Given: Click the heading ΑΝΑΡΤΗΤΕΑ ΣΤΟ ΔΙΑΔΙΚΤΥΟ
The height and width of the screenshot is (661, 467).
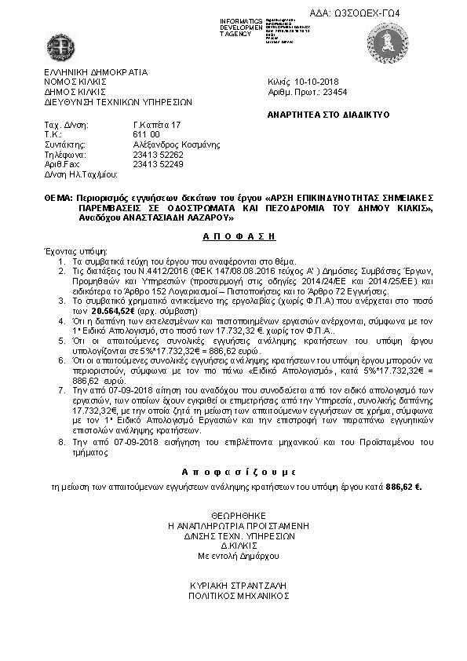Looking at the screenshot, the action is tap(323, 114).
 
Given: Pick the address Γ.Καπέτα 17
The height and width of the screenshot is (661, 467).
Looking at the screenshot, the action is tap(157, 125).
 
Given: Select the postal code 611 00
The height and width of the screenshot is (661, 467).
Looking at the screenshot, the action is tap(146, 135).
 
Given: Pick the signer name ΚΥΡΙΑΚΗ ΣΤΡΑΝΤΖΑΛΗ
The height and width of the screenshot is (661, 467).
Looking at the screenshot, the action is tap(235, 586).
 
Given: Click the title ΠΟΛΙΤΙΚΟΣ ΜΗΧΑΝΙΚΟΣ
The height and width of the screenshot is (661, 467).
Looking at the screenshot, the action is tap(235, 596).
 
